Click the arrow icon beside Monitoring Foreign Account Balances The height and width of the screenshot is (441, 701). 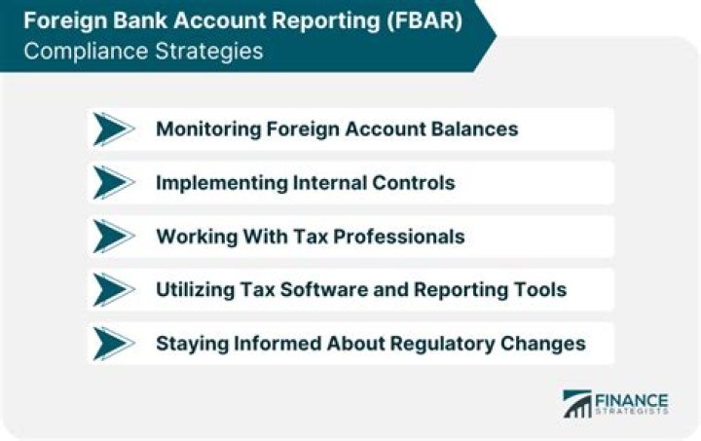click(x=114, y=129)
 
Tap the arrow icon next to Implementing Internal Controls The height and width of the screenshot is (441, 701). click(x=114, y=183)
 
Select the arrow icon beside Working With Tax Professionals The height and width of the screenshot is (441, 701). click(x=114, y=237)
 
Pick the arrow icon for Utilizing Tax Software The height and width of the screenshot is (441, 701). click(x=114, y=290)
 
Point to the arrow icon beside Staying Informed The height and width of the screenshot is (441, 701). click(x=114, y=343)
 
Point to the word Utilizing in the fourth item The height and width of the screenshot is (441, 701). click(x=190, y=290)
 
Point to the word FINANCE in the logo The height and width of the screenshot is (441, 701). click(x=632, y=399)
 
